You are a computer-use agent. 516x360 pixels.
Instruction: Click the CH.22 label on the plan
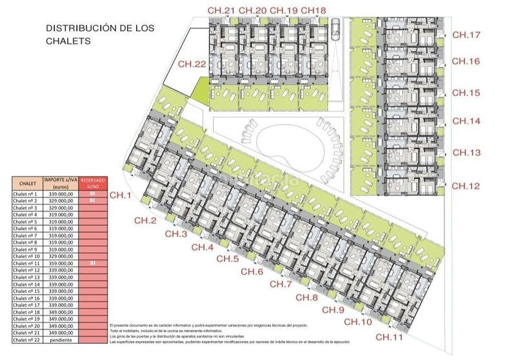(x=192, y=64)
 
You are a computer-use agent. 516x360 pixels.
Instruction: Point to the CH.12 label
(x=466, y=186)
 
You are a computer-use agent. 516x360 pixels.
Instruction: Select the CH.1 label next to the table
(x=121, y=195)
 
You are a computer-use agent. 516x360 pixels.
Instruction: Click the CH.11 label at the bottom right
(x=390, y=337)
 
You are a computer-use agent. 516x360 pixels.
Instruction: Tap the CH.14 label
(x=466, y=121)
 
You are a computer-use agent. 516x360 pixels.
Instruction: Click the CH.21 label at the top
(x=221, y=10)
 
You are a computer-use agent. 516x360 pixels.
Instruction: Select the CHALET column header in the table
(x=26, y=183)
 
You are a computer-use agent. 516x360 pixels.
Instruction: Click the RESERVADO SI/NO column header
(x=92, y=183)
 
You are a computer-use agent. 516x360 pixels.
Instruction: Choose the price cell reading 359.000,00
(x=59, y=263)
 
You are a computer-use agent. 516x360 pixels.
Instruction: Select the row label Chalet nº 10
(x=26, y=256)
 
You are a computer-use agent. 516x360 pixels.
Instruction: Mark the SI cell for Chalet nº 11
(x=92, y=263)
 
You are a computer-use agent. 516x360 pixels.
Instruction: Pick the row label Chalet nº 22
(x=26, y=339)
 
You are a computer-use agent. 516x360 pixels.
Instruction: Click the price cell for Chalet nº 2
(x=59, y=201)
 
